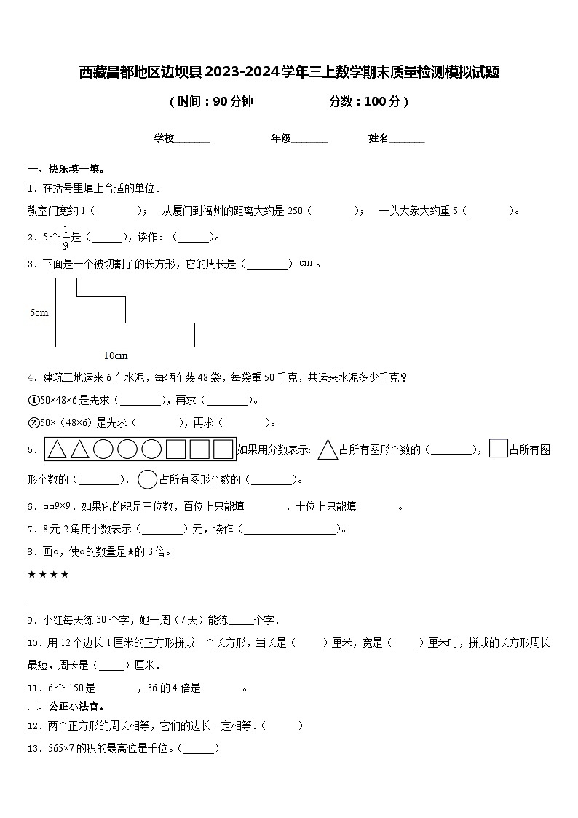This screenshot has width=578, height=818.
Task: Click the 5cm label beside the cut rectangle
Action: tap(39, 312)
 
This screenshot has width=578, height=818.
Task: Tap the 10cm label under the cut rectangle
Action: tap(116, 355)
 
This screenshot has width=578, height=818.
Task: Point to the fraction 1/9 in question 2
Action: tap(65, 237)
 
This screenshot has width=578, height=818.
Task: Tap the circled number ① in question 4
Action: tap(33, 400)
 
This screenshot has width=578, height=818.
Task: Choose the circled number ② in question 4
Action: tap(33, 422)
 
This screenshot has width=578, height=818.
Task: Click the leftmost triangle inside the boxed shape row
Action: tap(57, 450)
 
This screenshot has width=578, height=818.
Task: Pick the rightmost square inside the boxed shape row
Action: tap(222, 450)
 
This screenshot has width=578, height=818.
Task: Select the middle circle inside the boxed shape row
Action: tap(127, 450)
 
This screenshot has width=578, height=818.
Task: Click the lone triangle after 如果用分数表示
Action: tap(328, 449)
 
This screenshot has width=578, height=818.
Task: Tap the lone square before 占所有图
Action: tap(498, 449)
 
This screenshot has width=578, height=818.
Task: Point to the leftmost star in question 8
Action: tap(32, 574)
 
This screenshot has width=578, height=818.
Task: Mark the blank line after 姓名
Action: tap(407, 139)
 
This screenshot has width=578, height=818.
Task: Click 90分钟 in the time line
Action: tap(232, 102)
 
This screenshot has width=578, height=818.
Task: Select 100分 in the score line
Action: tap(381, 102)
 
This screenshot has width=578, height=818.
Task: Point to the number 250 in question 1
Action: tap(295, 211)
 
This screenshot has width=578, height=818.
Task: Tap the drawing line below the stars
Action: tap(63, 601)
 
